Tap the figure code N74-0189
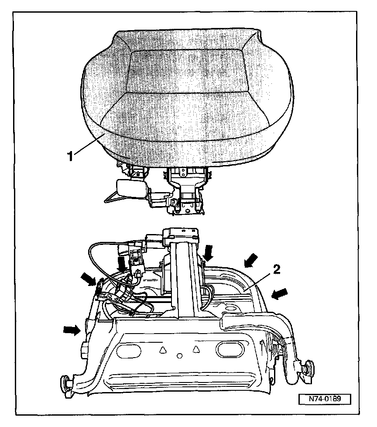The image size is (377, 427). click(325, 399)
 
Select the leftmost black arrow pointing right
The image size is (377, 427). click(72, 331)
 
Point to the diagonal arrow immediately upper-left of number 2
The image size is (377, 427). click(250, 261)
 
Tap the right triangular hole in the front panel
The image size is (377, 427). click(196, 349)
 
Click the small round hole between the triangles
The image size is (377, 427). click(179, 355)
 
